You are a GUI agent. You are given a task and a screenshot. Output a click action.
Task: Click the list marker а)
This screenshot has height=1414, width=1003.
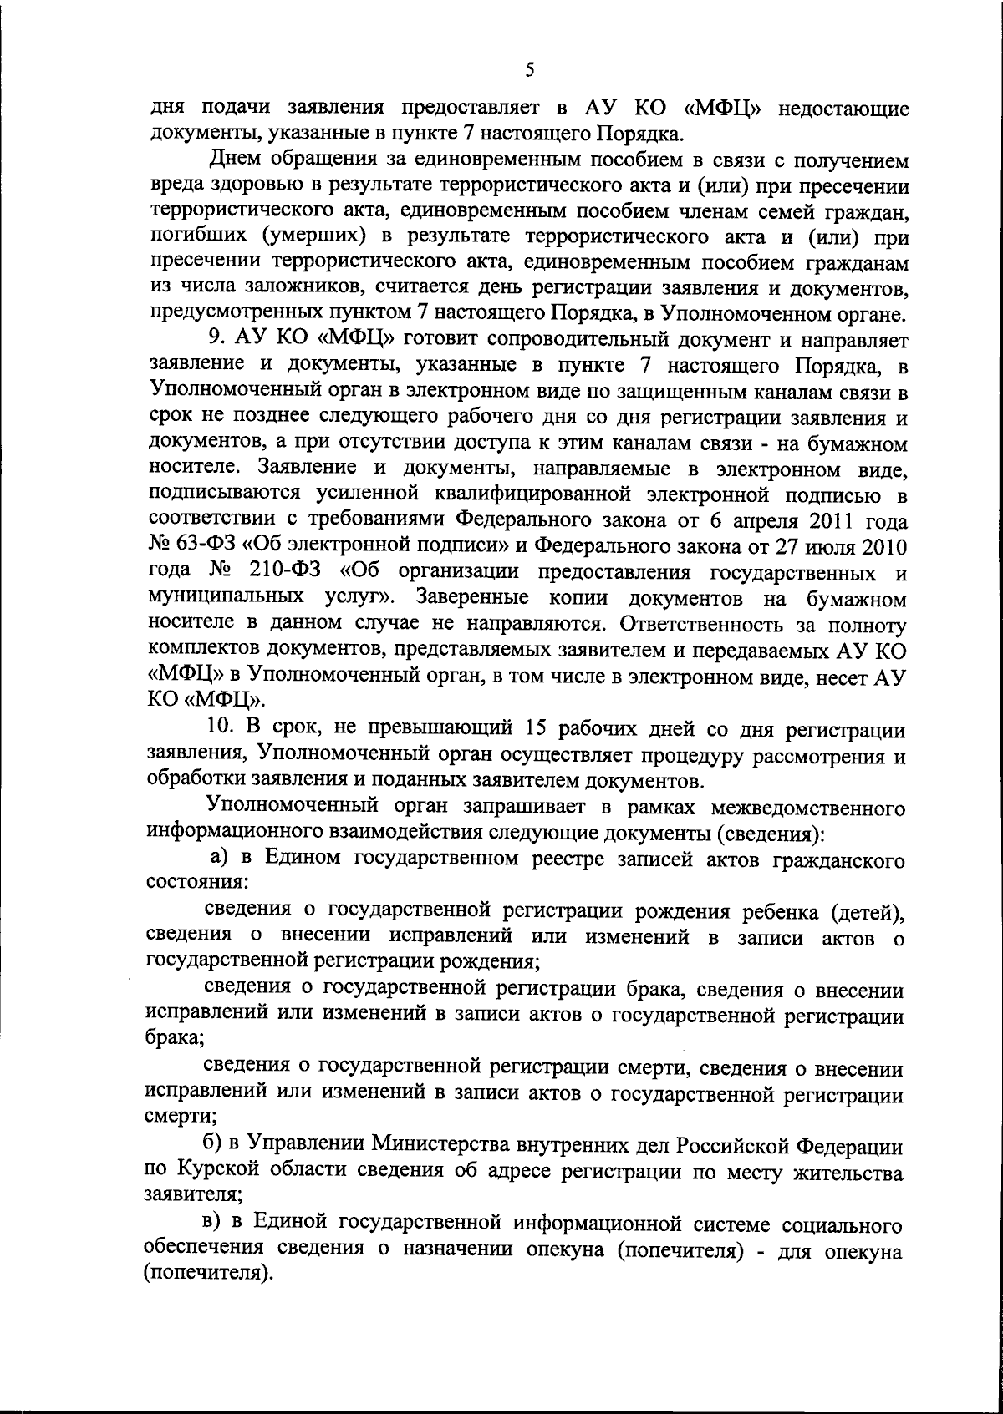219,858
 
